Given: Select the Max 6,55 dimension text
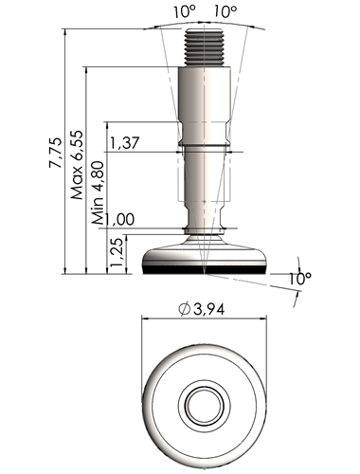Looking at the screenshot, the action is pyautogui.click(x=78, y=165).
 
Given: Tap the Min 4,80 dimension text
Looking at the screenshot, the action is pyautogui.click(x=99, y=192).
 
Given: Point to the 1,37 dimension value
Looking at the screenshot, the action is pyautogui.click(x=124, y=143).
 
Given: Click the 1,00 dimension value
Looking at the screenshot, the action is pyautogui.click(x=119, y=219).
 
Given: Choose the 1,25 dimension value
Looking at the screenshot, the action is pyautogui.click(x=117, y=252).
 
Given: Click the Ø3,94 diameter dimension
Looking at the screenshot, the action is pyautogui.click(x=202, y=309).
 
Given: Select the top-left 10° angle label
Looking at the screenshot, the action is pyautogui.click(x=185, y=12).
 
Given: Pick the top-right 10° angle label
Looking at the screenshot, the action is pyautogui.click(x=225, y=12).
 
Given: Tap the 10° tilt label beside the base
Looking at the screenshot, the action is pyautogui.click(x=300, y=278).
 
